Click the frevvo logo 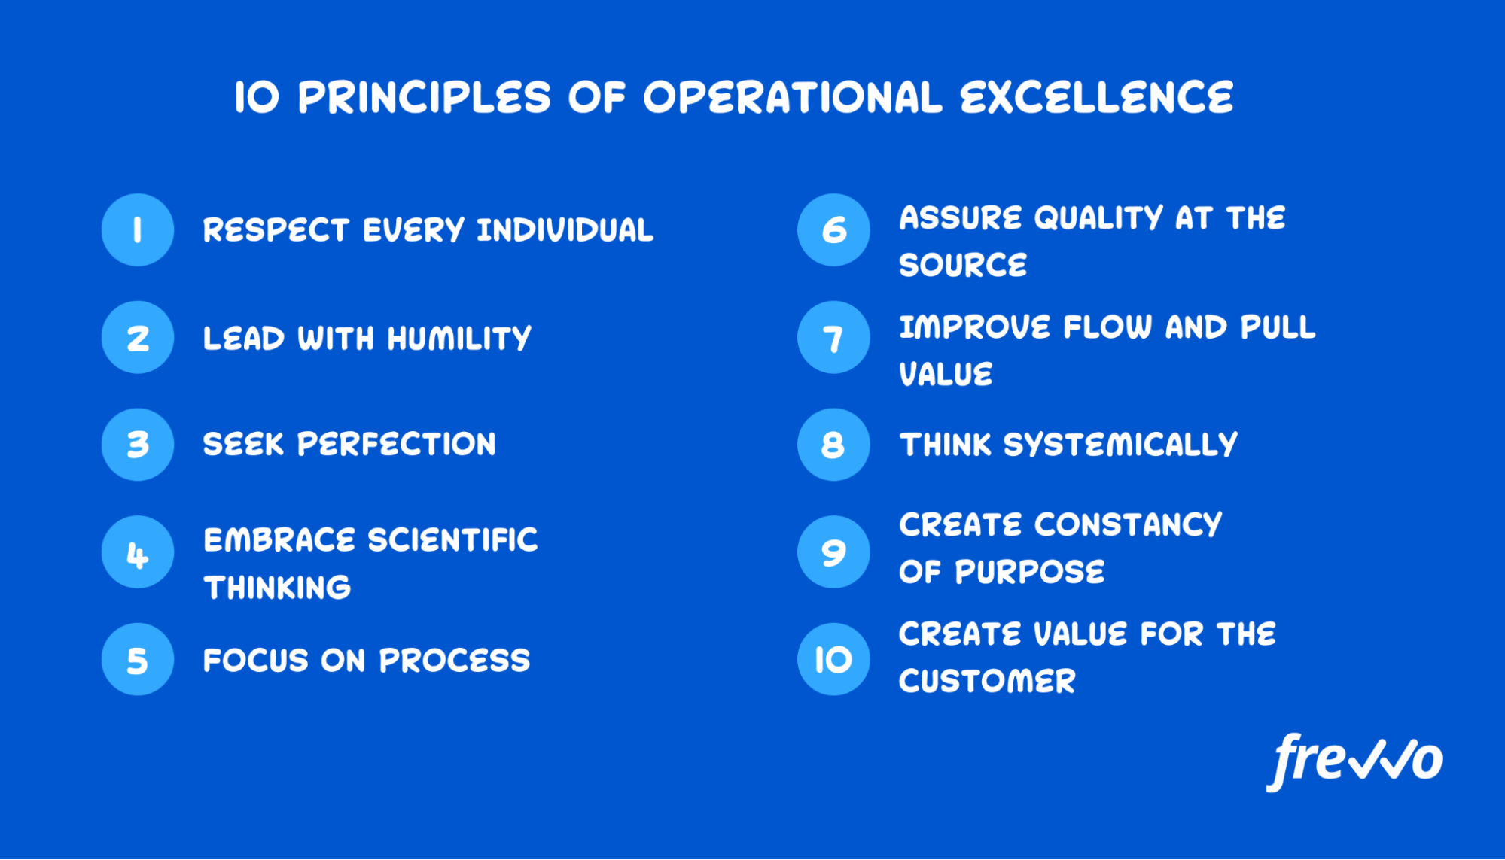coord(1354,762)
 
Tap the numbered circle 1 coord(138,229)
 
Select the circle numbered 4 coord(138,552)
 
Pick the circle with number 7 coord(833,338)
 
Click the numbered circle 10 coord(833,659)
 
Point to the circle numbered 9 coord(833,552)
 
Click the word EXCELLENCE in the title coord(1097,98)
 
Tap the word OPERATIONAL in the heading coord(793,98)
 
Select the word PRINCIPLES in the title coord(425,98)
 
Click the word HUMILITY coord(459,339)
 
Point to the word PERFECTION coord(397,445)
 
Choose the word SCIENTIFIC coord(453,540)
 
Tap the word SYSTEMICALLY coord(1121,445)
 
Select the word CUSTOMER coord(988,682)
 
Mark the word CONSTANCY coord(1129,525)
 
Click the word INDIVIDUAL coord(565,230)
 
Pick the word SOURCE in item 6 coord(964,266)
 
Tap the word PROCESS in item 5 coord(455,661)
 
